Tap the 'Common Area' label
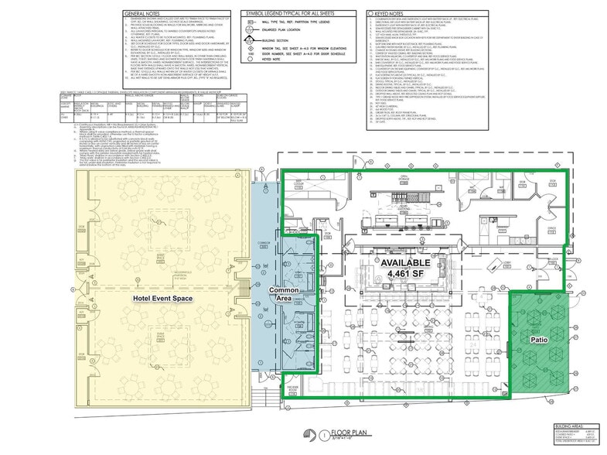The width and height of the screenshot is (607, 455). [x=284, y=296]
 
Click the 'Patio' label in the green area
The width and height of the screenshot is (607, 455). [x=540, y=339]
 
